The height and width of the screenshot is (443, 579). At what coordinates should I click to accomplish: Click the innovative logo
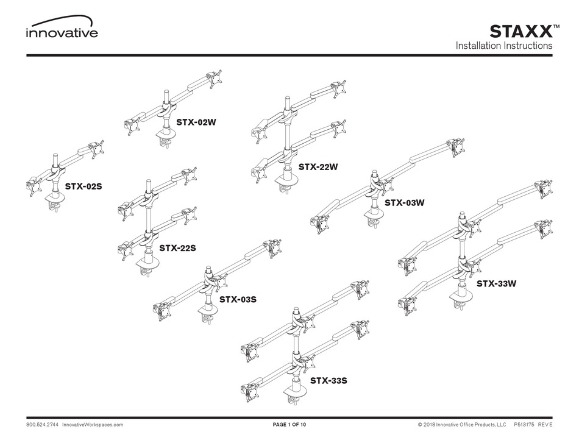click(x=61, y=30)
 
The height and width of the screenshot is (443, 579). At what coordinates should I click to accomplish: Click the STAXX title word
click(x=521, y=31)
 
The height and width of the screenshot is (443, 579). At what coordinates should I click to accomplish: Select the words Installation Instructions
click(x=504, y=46)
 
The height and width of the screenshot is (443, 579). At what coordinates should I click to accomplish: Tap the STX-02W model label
click(x=196, y=122)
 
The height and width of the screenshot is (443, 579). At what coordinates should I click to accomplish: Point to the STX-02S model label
click(x=83, y=186)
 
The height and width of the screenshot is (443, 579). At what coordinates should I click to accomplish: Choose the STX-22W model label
click(x=318, y=166)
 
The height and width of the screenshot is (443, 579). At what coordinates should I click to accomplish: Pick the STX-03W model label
click(x=404, y=203)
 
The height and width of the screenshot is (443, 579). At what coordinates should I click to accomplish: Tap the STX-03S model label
click(x=237, y=299)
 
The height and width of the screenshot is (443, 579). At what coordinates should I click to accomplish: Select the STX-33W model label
click(x=496, y=283)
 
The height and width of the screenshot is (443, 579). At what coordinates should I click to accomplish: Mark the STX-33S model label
click(x=329, y=381)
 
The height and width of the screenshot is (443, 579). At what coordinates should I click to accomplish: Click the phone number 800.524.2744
click(x=42, y=424)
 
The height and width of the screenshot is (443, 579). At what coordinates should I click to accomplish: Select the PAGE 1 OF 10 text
click(x=289, y=424)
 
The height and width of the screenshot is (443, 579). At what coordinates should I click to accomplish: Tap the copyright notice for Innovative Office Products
click(x=463, y=424)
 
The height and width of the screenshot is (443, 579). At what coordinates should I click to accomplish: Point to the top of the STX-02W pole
click(x=165, y=93)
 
